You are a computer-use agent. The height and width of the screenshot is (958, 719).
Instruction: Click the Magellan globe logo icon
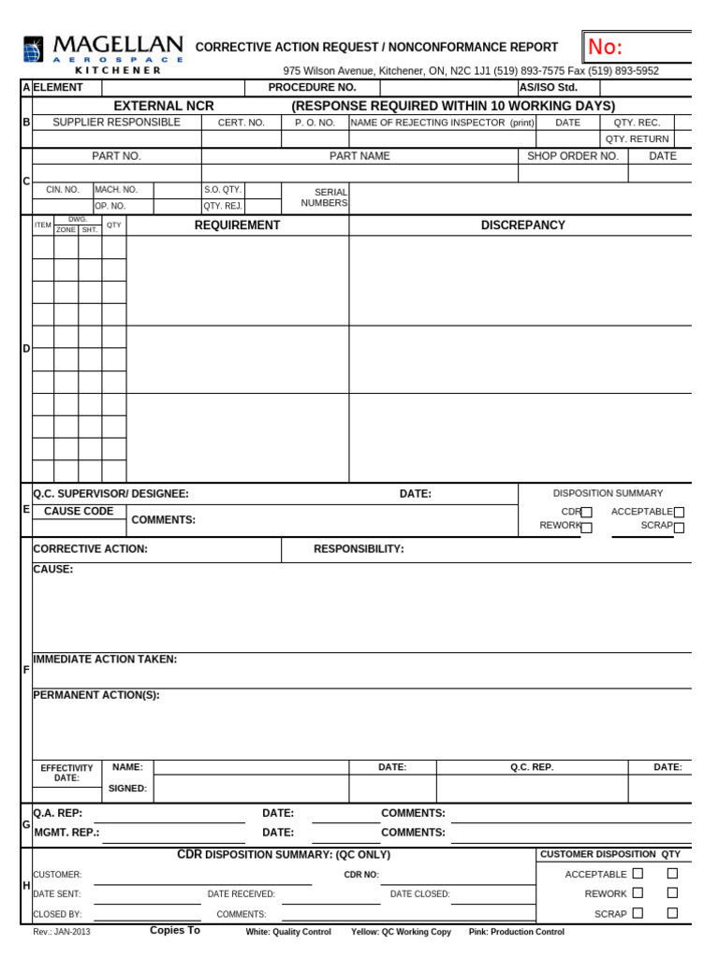[x=34, y=49]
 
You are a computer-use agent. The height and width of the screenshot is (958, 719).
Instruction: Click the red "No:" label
[x=605, y=47]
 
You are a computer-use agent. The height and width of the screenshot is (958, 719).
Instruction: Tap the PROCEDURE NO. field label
[x=312, y=87]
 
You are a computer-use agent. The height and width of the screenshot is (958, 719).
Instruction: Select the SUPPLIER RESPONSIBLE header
[x=116, y=123]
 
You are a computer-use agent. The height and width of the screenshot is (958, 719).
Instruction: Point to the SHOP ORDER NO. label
[x=573, y=156]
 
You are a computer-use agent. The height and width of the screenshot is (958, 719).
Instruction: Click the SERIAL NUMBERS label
[x=324, y=197]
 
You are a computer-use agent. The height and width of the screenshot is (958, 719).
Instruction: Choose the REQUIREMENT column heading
[x=237, y=225]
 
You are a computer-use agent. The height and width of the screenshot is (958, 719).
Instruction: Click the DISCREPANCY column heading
[x=522, y=225]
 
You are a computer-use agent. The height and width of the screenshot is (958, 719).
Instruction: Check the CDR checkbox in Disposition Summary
[x=587, y=513]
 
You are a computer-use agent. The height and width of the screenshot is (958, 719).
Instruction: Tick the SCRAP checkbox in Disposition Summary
[x=679, y=528]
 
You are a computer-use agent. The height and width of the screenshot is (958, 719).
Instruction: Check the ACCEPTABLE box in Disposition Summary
[x=679, y=513]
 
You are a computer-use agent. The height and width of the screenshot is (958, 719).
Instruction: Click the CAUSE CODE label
[x=79, y=512]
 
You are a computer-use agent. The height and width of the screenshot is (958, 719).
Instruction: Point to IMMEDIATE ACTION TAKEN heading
[x=105, y=660]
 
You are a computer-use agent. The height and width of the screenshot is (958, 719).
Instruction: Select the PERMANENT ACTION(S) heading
[x=96, y=695]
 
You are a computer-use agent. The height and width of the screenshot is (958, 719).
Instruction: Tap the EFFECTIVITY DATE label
[x=66, y=773]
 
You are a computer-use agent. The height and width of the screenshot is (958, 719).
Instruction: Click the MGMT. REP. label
[x=66, y=832]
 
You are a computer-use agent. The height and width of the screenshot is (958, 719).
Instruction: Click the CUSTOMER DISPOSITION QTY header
[x=610, y=854]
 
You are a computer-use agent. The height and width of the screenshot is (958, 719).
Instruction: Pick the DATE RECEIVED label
[x=242, y=894]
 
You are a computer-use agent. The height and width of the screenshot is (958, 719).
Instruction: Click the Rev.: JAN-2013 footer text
[x=62, y=933]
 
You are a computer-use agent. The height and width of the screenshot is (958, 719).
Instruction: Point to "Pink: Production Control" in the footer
[x=516, y=933]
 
